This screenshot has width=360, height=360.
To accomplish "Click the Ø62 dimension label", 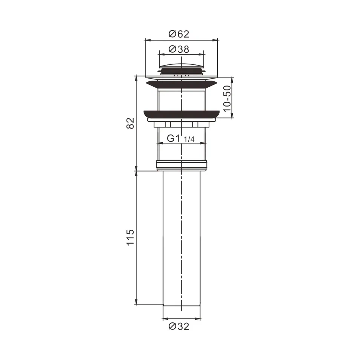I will click(x=179, y=34).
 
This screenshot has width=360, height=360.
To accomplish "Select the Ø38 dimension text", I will click(x=179, y=49).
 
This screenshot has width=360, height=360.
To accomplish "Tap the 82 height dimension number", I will click(x=130, y=123).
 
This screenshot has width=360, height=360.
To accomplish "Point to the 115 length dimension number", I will click(x=130, y=237).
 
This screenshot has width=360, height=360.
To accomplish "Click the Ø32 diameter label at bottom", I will click(x=179, y=326).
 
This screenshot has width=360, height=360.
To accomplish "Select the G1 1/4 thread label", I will click(x=181, y=139).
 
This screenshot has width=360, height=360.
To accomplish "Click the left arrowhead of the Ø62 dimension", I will click(x=147, y=39).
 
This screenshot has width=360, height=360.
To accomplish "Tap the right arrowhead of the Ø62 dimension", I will click(x=216, y=39).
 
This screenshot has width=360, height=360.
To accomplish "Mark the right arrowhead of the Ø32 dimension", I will click(x=198, y=319).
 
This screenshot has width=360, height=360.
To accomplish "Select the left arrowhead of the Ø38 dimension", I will click(x=160, y=54).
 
